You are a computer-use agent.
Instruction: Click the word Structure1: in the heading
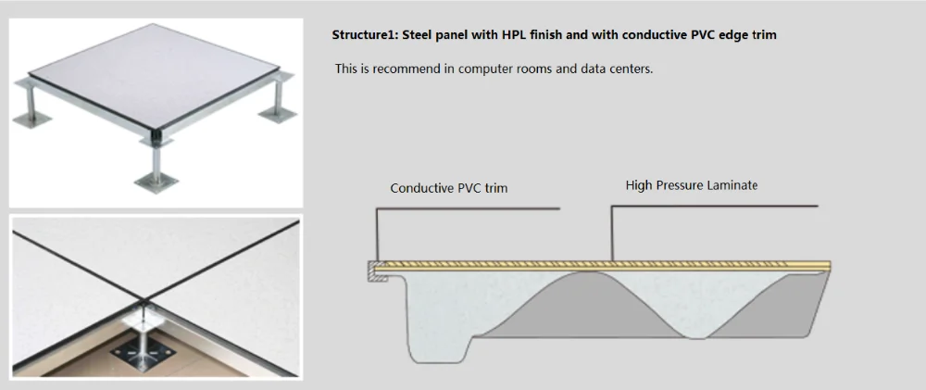365,35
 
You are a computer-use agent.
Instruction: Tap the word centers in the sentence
629,69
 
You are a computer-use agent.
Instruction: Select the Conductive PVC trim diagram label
448,188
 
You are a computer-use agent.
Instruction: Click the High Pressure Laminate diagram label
691,185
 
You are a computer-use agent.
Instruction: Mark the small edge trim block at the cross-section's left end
370,270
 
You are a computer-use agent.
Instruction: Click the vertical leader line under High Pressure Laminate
610,232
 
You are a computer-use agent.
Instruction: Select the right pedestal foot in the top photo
275,115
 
